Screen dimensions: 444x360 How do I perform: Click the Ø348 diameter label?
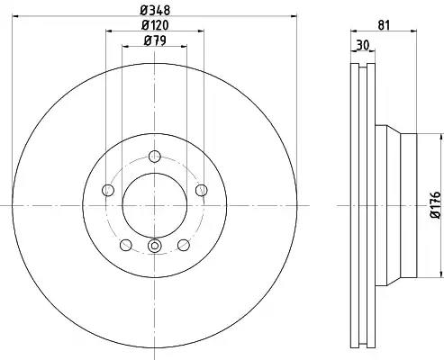point(155,10)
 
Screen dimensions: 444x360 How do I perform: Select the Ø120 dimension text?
point(155,25)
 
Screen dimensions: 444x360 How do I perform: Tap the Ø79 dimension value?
point(155,40)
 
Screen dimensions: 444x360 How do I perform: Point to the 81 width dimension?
point(384,25)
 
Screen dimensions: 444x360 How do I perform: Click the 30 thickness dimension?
point(362,45)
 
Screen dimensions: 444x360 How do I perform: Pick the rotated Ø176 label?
point(436,205)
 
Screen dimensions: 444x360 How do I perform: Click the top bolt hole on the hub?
point(155,157)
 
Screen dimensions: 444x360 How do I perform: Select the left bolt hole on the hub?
point(108,190)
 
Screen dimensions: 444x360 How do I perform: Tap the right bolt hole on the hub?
point(202,190)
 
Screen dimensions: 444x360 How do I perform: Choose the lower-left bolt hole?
point(126,245)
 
